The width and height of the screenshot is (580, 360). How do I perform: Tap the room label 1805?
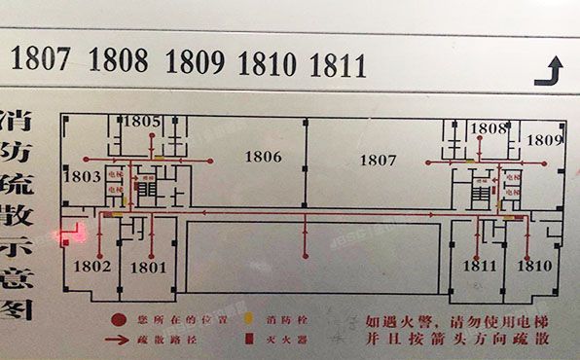coord(142,122)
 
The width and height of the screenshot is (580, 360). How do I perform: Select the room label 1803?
coord(85,176)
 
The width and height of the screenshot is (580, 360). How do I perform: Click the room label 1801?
coord(148,266)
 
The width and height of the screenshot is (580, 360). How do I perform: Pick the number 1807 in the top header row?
coord(41,61)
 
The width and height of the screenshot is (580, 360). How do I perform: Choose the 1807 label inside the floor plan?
coord(379,159)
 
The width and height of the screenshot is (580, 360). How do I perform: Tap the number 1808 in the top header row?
coord(119,61)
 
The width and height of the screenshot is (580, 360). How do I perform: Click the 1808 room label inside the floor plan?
coord(489,128)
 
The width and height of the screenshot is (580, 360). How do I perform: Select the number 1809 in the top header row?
coord(196,62)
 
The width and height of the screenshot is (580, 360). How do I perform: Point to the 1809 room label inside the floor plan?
coord(545,140)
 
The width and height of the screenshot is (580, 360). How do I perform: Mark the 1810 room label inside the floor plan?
coord(534,266)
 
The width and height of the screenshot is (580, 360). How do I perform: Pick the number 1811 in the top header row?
coord(338,64)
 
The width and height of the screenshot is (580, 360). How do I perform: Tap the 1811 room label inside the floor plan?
coord(480,266)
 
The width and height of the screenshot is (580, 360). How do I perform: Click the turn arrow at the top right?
coord(554,69)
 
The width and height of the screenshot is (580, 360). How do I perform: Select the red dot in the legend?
coord(116,319)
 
